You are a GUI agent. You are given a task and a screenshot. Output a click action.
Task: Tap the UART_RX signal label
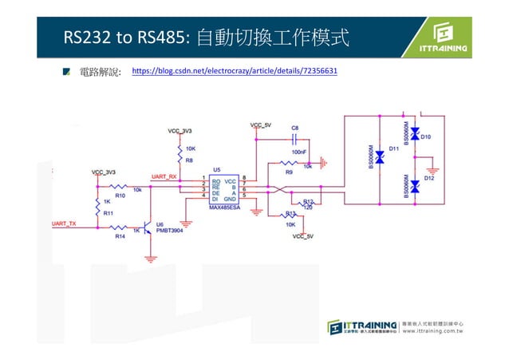(x=164, y=177)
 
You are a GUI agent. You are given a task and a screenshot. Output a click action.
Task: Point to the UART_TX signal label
(x=64, y=224)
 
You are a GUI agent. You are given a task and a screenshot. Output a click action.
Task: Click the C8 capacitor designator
(x=295, y=128)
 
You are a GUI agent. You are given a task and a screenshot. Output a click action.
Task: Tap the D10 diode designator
(x=426, y=137)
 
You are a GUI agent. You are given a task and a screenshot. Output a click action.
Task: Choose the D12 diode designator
(x=428, y=179)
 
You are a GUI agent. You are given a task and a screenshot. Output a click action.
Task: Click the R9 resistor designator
(x=289, y=172)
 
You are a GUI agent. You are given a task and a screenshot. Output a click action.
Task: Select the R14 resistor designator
(x=120, y=237)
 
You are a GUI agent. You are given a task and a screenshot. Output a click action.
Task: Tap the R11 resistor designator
(x=109, y=213)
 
